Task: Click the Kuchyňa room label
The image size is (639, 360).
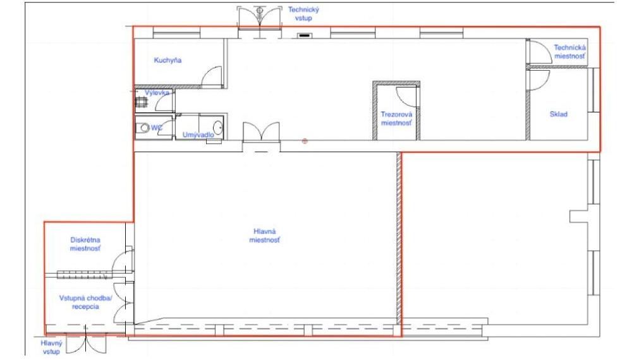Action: click(x=167, y=60)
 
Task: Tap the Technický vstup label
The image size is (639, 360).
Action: click(x=303, y=14)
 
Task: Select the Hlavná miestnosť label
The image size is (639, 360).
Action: click(x=264, y=236)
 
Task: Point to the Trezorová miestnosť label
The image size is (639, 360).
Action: click(x=396, y=119)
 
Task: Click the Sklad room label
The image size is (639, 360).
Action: click(x=558, y=114)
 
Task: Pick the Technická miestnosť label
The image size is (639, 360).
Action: click(x=569, y=52)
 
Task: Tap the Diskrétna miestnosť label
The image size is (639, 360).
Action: click(x=85, y=244)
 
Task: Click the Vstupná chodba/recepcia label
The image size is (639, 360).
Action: click(x=85, y=302)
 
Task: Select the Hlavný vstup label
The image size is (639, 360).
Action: click(x=51, y=347)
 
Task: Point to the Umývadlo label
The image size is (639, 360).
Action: click(x=198, y=135)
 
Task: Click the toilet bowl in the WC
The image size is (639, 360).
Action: click(x=143, y=128)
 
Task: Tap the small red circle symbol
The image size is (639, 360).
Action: click(x=305, y=141)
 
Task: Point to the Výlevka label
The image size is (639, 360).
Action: click(x=157, y=93)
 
